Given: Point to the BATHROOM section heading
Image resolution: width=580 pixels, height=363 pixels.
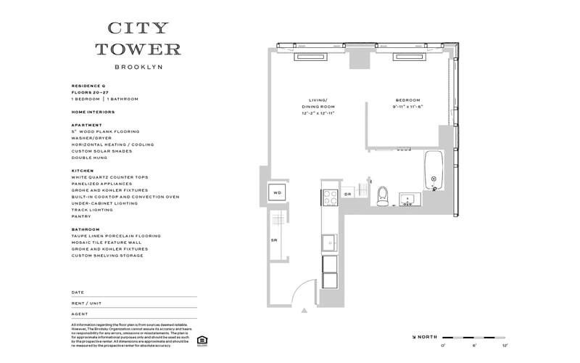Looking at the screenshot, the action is tap(85, 229).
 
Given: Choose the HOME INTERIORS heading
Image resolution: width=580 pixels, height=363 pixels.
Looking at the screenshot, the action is tap(93, 112).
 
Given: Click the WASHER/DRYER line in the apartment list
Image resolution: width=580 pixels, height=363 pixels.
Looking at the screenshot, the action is tap(92, 138).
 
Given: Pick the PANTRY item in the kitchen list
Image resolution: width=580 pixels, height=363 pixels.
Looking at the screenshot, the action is tap(80, 216).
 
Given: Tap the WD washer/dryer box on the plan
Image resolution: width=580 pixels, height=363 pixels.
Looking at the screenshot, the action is tap(277, 193).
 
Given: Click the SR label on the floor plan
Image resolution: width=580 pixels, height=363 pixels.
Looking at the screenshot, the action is tap(274, 240).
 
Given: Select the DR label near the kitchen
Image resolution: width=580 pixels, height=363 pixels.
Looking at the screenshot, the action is tap(347, 195).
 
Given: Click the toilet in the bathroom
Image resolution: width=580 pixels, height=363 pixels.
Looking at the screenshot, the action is tap(384, 195).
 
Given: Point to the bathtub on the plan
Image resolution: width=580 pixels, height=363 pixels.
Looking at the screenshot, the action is tap(434, 171).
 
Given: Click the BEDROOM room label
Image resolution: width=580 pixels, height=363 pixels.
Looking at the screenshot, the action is tap(407, 100).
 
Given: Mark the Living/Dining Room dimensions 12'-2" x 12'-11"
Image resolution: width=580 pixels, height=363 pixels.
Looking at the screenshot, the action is tap(319, 113).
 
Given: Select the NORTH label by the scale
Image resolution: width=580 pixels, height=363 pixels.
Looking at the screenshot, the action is tap(426, 337).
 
